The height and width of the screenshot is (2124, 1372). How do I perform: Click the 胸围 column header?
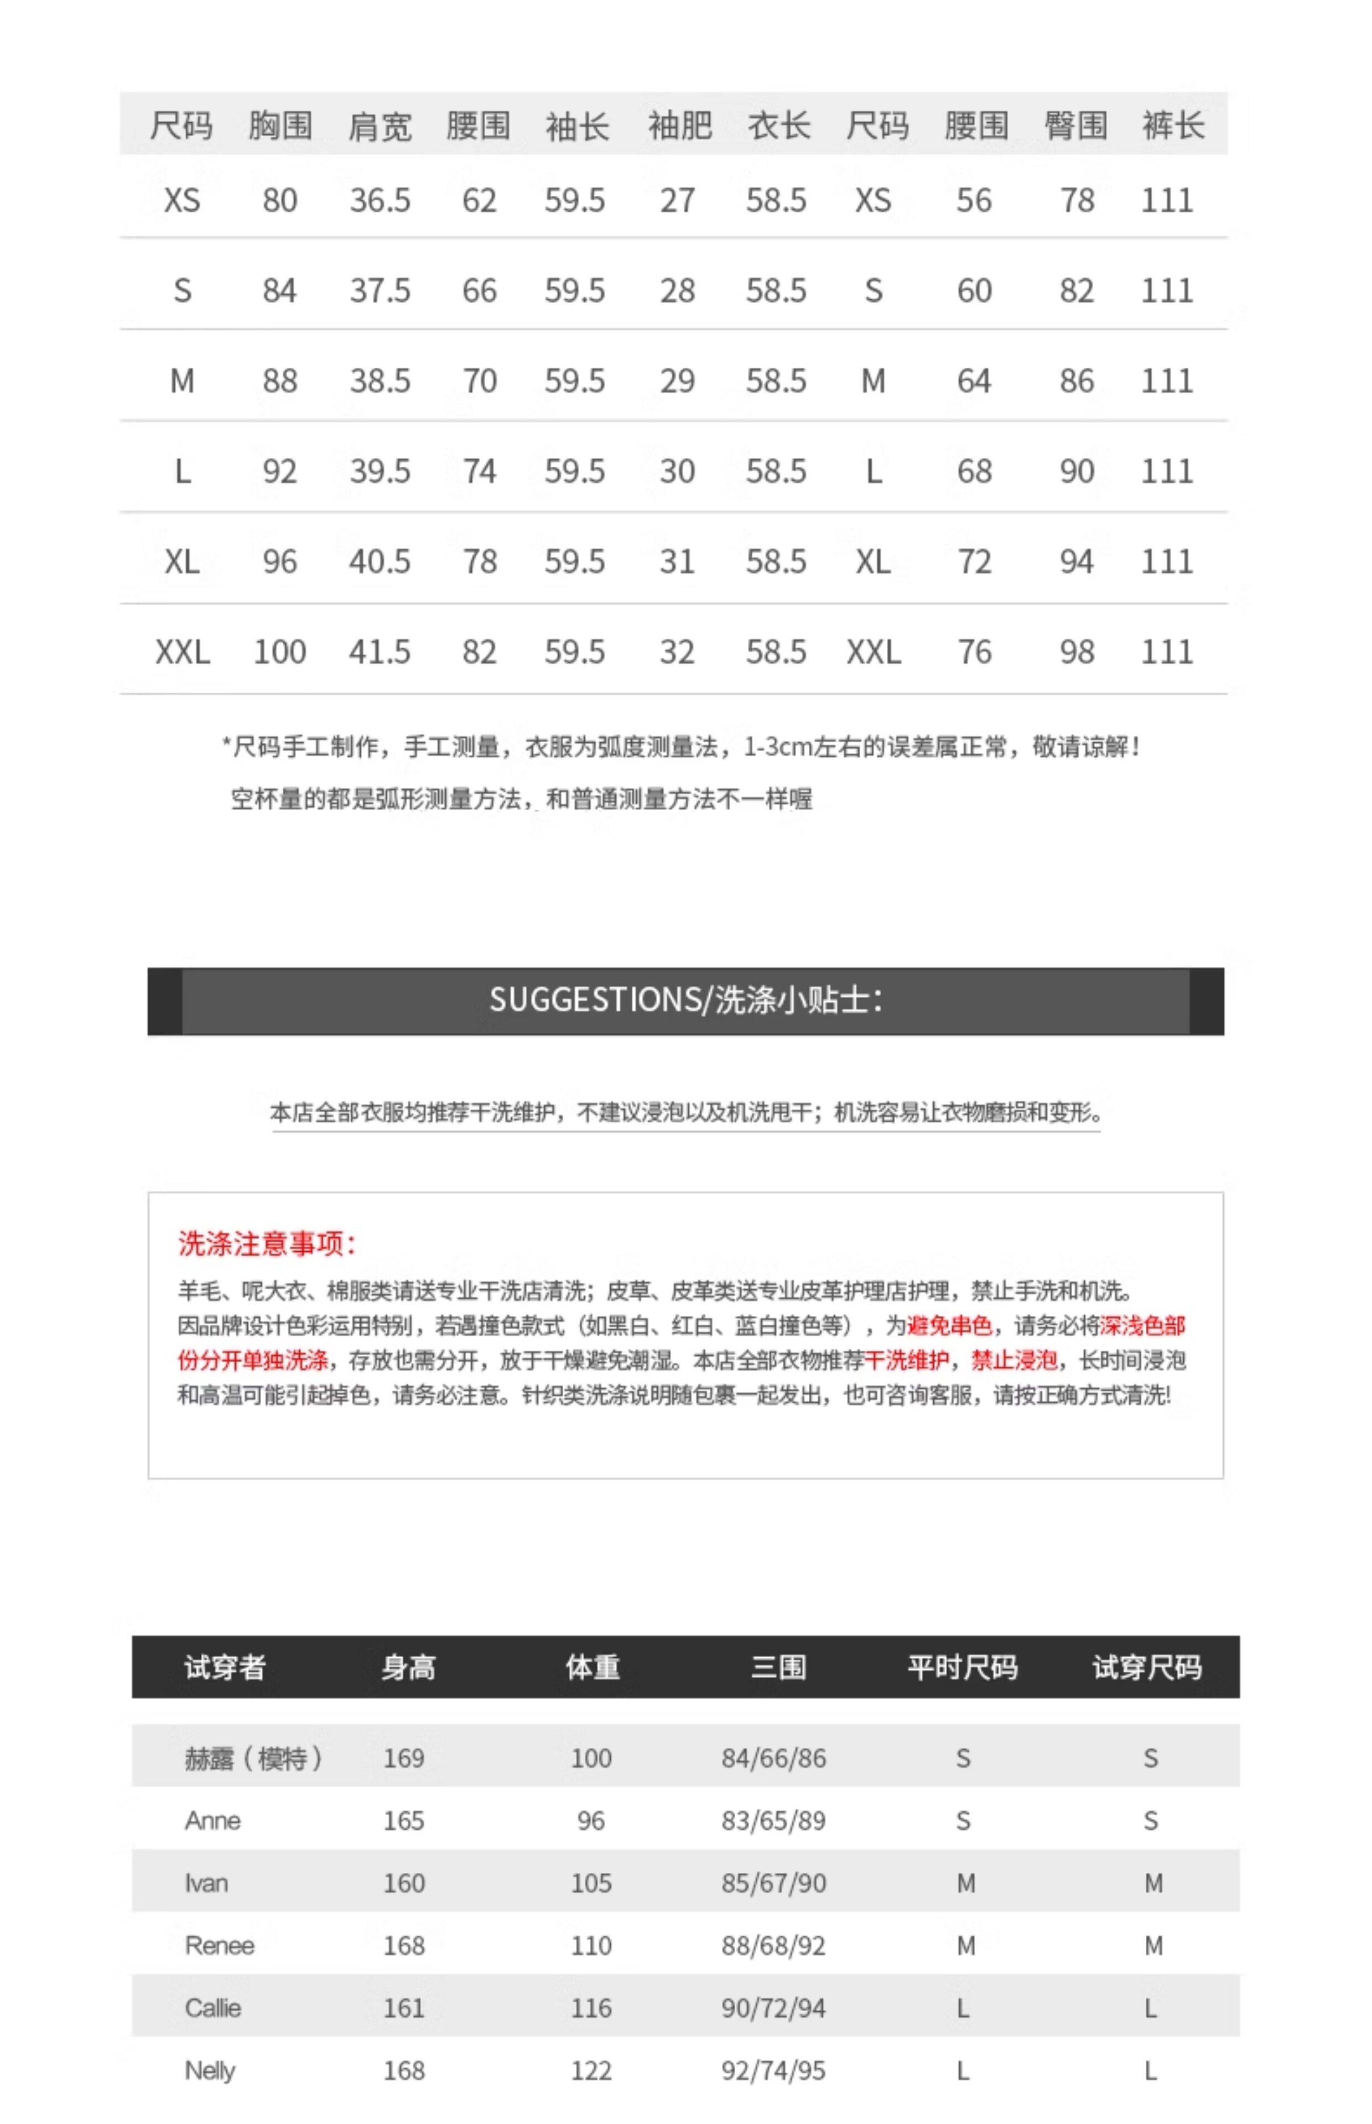(280, 126)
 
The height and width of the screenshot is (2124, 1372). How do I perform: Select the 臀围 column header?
(1075, 126)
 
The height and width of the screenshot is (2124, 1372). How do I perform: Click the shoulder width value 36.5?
(380, 200)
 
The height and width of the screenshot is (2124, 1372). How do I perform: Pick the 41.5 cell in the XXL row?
(380, 652)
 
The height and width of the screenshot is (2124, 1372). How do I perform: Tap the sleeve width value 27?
(677, 200)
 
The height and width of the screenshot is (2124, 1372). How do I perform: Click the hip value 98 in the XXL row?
(1076, 652)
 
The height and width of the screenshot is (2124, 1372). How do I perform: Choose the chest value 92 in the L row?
(280, 471)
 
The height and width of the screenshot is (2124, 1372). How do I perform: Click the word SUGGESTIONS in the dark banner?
(595, 1000)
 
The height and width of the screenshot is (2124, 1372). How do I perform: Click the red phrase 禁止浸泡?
(1014, 1360)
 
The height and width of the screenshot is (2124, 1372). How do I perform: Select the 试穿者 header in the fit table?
(225, 1667)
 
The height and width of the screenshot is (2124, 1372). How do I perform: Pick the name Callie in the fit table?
(213, 2008)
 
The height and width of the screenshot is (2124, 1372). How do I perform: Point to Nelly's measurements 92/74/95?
(773, 2070)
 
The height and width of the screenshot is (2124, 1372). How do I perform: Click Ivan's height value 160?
(404, 1883)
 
